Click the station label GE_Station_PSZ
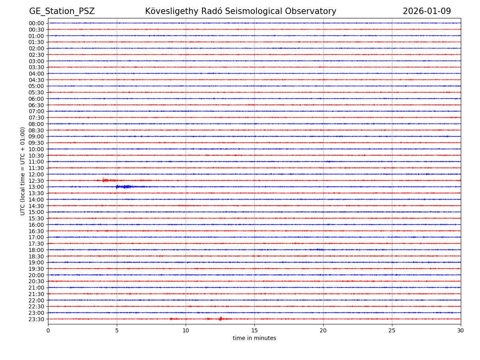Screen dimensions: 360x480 62,11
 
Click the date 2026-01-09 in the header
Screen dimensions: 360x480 426,11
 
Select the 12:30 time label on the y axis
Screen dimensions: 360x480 36,181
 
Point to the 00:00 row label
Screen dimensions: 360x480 36,23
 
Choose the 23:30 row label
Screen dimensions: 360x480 36,319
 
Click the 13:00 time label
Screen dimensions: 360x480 36,187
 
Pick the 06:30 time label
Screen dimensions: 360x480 36,105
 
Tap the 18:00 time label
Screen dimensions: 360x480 36,250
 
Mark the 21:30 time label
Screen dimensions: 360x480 36,294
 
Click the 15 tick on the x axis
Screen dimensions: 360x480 254,330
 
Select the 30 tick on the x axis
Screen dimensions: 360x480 461,330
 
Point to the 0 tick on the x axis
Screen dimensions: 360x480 48,330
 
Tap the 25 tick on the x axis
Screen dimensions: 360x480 392,330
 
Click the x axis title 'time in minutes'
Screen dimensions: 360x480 254,338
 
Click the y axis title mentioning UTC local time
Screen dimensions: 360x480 23,171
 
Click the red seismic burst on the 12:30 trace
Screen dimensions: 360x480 105,180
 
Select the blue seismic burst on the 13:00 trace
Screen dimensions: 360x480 124,187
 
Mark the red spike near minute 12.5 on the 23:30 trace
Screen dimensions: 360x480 220,319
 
